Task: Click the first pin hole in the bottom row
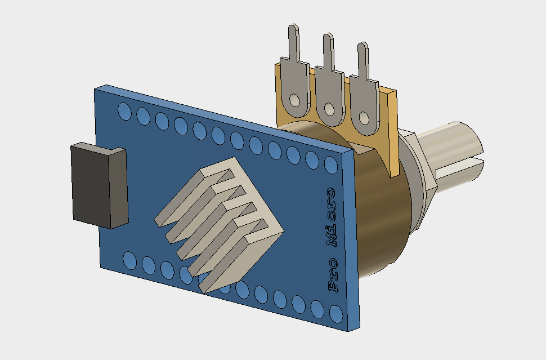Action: [x=129, y=260]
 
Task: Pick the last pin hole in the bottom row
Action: [x=337, y=313]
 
